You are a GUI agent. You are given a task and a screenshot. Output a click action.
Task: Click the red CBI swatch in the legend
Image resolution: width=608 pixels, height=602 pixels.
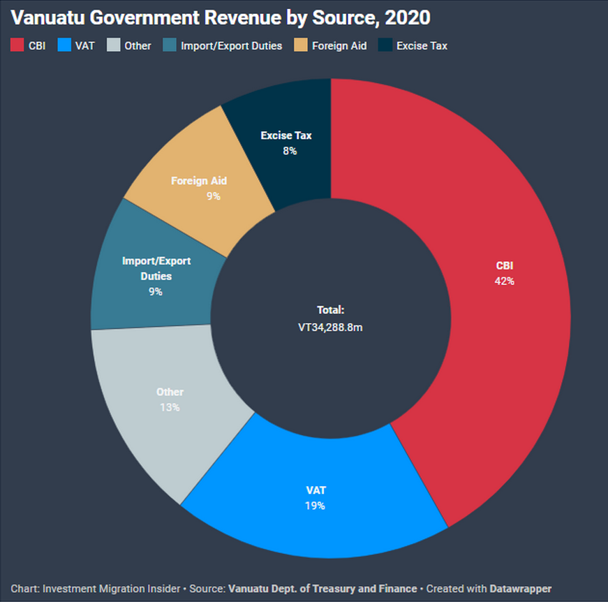tap(17, 45)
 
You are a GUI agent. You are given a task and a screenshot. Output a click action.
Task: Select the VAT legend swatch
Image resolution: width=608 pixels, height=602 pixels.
tap(63, 45)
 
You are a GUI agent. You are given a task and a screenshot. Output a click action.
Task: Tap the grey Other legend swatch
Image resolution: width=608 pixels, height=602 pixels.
tap(114, 45)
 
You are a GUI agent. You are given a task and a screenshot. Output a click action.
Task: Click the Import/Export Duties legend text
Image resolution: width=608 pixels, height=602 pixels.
tap(231, 45)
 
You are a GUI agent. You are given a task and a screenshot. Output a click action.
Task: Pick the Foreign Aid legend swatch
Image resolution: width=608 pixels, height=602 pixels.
tap(302, 45)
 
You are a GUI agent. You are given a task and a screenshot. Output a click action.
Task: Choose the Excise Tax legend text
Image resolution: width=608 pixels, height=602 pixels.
tap(422, 45)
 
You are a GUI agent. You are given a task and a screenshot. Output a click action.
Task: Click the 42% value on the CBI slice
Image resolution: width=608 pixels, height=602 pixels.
tap(505, 281)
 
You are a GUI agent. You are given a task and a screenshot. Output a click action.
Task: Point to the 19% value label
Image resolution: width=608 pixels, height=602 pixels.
tap(315, 506)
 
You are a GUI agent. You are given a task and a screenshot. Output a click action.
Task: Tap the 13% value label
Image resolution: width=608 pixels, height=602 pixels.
tap(169, 407)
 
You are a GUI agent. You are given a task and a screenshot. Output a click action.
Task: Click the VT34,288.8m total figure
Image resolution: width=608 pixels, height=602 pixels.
tap(330, 326)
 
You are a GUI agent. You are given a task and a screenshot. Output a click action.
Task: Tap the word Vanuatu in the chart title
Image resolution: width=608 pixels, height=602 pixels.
tap(42, 17)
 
